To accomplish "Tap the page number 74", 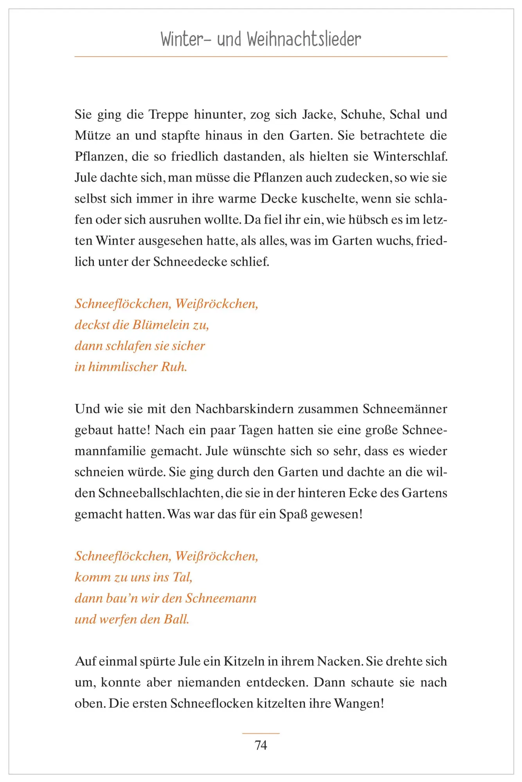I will [x=261, y=745].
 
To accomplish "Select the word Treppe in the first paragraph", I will [x=169, y=115].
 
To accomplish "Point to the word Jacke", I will [x=318, y=115].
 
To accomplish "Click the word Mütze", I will [x=92, y=136].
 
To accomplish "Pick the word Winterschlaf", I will [x=410, y=157].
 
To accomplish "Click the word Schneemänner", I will [x=405, y=409].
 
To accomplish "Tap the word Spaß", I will [x=293, y=514].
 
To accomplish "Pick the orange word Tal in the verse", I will [x=182, y=577].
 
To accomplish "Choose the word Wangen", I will [x=358, y=704].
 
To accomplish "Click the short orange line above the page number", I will [x=261, y=734].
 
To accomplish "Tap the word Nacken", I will [x=340, y=662].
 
